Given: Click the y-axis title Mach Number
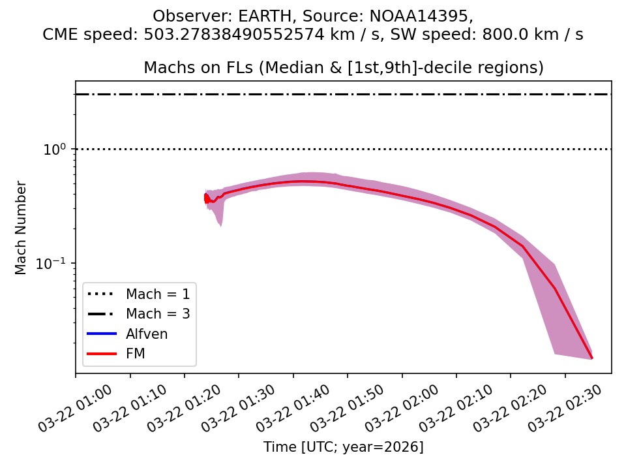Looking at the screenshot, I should (22, 227).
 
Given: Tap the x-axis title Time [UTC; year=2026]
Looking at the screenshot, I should (343, 447).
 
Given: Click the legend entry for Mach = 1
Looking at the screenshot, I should (158, 294).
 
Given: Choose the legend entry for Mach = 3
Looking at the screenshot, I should (158, 314).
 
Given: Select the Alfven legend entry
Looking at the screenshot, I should (147, 334).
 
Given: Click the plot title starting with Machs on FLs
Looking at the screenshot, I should (343, 68).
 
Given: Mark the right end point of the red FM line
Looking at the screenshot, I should (591, 358).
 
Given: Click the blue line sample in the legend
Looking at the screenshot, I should (102, 334).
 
